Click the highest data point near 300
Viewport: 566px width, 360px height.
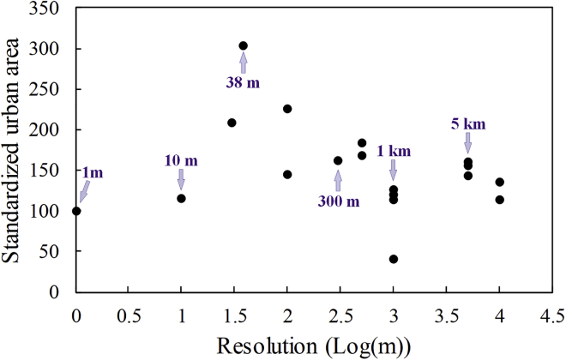point(244,45)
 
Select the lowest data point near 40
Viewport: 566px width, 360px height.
point(394,259)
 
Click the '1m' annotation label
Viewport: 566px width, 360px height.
point(92,172)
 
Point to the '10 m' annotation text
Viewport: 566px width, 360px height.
point(181,159)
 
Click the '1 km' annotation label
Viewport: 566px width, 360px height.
point(394,151)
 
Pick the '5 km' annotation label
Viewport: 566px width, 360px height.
point(468,124)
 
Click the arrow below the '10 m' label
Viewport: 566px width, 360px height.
point(181,178)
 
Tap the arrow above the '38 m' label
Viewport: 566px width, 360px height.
point(244,63)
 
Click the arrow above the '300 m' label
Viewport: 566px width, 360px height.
point(338,179)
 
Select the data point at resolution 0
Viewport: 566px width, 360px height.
point(76,211)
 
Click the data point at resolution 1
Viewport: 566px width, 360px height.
point(181,198)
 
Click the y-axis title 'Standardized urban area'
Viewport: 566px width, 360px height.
point(18,150)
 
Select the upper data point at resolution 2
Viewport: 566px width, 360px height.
point(287,109)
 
